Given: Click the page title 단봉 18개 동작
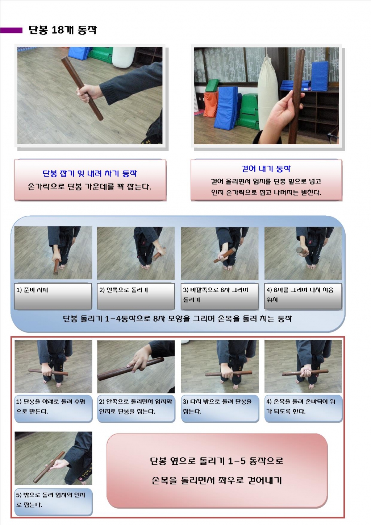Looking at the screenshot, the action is [63, 30].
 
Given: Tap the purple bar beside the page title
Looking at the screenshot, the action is [11, 30].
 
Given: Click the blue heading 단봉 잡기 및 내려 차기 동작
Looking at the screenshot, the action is [90, 173].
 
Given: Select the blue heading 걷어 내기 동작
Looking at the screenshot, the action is [266, 169].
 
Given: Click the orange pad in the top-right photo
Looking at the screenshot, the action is [210, 104].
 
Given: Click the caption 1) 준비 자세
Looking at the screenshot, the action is [32, 290].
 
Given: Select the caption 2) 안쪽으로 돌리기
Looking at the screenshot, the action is [124, 290].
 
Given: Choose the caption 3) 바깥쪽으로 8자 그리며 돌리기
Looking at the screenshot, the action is [216, 295].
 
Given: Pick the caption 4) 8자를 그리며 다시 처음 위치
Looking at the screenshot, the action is [300, 295].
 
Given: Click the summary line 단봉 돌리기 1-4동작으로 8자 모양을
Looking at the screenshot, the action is [178, 319].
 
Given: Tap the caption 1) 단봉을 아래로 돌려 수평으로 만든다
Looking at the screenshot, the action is [51, 406].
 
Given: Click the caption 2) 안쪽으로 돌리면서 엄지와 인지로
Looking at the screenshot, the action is [136, 406].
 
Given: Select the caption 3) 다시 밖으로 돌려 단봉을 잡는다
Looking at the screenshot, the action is [217, 406].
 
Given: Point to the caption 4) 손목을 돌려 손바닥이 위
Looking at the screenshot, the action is [301, 406].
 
